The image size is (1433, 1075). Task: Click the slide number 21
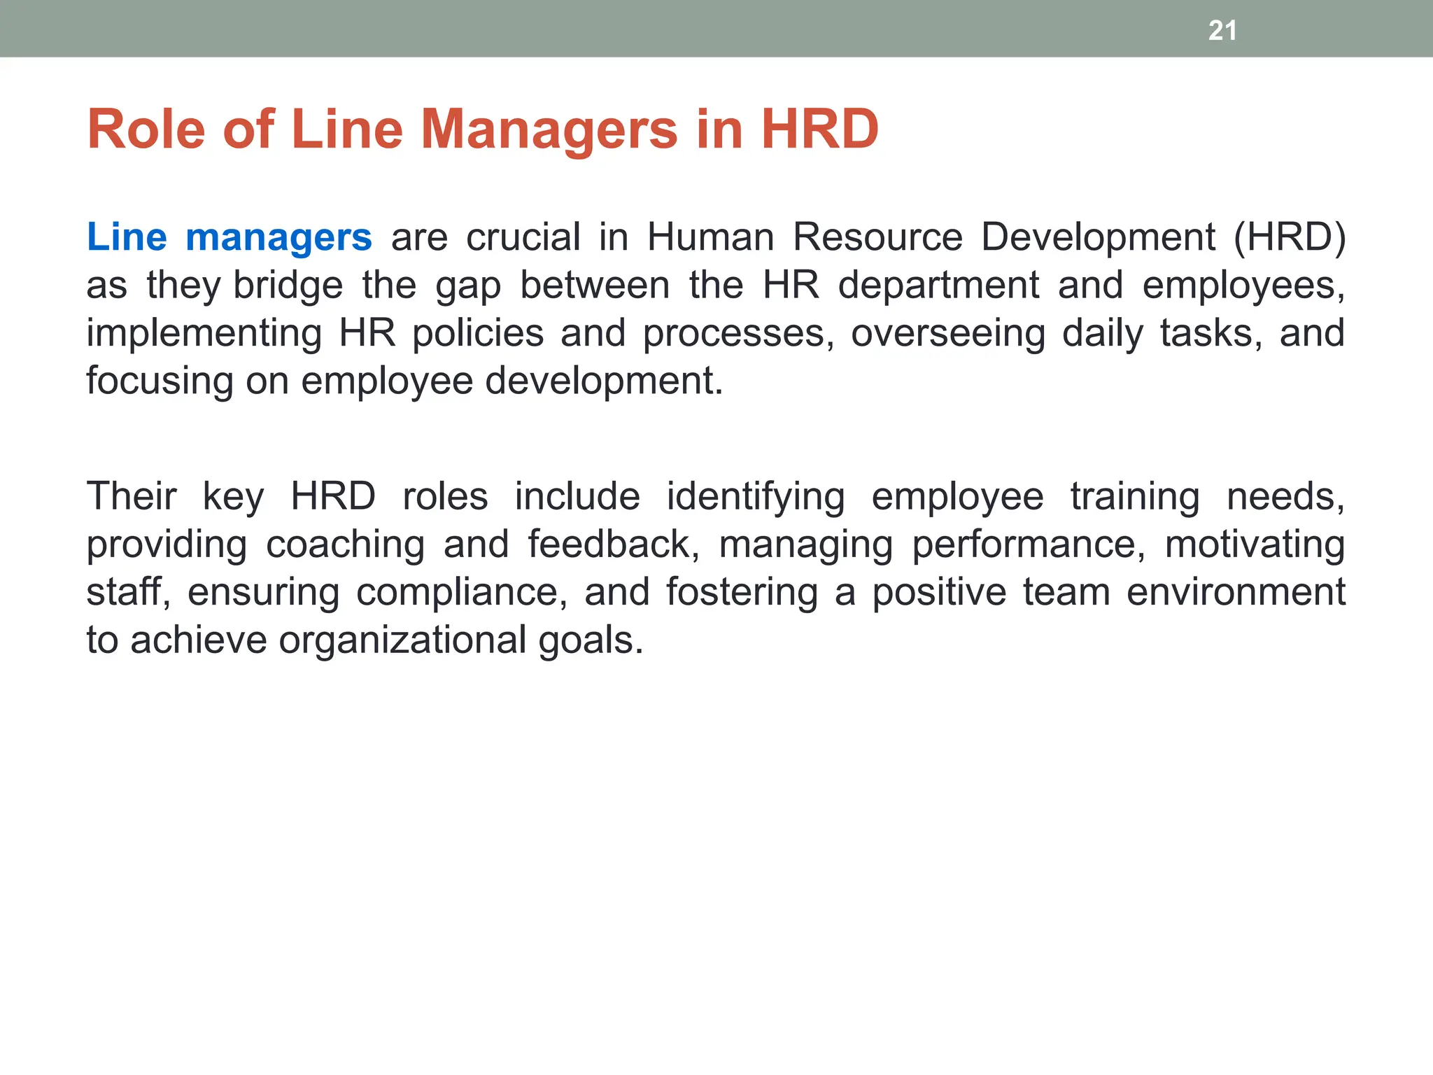click(1222, 31)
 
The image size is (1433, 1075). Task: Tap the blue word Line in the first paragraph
click(127, 237)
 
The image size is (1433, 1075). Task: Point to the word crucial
click(523, 237)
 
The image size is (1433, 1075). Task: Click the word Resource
click(877, 237)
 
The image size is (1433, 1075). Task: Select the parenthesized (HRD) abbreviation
click(1289, 237)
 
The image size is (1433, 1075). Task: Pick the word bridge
click(288, 286)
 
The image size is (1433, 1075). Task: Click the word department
click(938, 286)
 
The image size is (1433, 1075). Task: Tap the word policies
click(478, 333)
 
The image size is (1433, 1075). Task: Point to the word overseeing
click(948, 333)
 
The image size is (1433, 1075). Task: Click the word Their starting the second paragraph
click(132, 497)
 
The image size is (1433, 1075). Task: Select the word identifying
click(756, 498)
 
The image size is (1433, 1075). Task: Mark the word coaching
click(346, 545)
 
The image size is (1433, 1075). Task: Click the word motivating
click(1255, 545)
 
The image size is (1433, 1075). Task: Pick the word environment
click(1236, 592)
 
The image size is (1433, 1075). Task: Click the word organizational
click(402, 640)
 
